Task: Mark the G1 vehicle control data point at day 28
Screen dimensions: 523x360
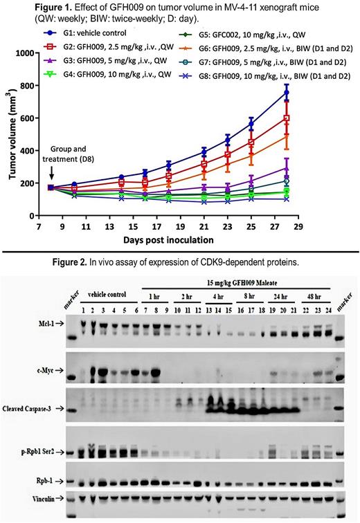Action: click(x=325, y=91)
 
